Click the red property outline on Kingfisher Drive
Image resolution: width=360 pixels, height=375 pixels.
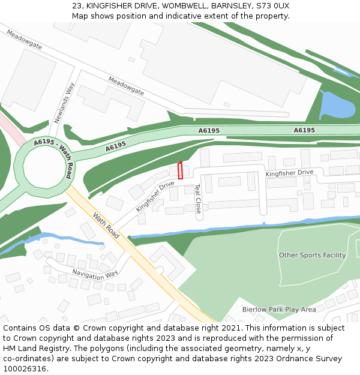[180, 170]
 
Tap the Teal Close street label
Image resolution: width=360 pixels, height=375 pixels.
[197, 199]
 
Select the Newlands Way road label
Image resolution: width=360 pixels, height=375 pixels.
[64, 103]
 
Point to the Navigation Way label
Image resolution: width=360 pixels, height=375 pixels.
[95, 274]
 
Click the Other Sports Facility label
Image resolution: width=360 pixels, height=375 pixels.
[312, 255]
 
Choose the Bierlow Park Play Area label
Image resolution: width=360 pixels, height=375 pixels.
[278, 310]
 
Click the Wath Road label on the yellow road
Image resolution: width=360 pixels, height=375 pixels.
[106, 225]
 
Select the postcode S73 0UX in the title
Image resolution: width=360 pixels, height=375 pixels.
[272, 5]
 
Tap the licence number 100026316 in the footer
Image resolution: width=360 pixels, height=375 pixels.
[26, 369]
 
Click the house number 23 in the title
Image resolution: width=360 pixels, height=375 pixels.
[76, 5]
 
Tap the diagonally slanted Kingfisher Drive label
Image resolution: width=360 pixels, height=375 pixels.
[155, 196]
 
